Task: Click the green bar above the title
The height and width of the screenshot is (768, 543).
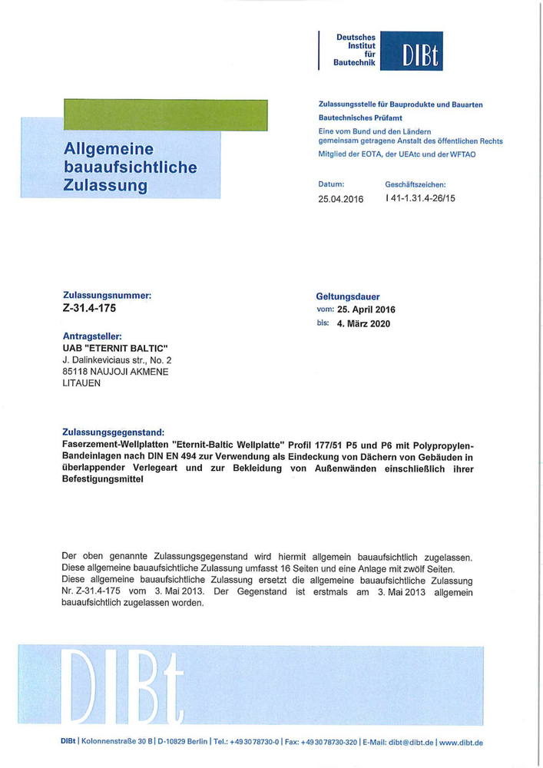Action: (166, 116)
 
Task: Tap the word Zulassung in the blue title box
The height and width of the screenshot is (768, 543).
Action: (106, 185)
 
